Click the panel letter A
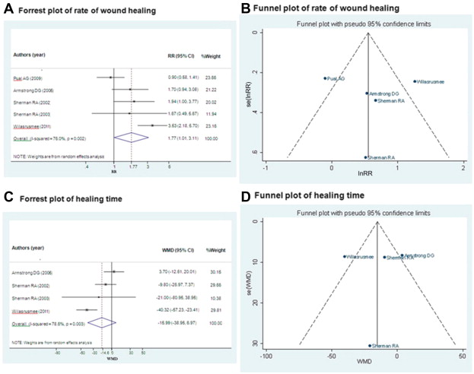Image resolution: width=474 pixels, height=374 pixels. (x=6, y=9)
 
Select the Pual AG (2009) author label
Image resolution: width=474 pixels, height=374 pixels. (x=30, y=77)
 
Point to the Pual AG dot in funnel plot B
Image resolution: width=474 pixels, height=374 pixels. (x=325, y=78)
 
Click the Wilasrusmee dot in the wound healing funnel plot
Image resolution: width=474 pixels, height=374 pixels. (x=415, y=81)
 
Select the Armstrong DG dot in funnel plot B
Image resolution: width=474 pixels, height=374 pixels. (x=367, y=93)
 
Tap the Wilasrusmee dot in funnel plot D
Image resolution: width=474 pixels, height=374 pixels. (x=344, y=256)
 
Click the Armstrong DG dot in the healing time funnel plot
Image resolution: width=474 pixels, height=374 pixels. (x=402, y=255)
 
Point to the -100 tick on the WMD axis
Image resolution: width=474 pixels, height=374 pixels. (x=266, y=356)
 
